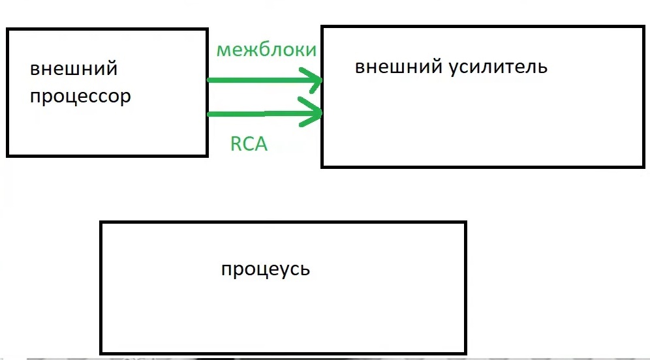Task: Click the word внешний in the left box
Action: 74,69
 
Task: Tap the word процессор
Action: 80,97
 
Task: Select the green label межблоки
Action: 266,50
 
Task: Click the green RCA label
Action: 249,143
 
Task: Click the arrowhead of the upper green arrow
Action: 316,82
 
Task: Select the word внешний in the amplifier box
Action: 398,67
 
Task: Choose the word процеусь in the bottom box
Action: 266,269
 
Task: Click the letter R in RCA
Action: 236,143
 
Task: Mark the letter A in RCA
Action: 261,143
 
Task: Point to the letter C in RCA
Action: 249,143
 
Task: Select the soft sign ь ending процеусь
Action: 305,269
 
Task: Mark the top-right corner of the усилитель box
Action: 643,27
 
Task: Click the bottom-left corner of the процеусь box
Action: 101,353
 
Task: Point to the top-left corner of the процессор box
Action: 7,29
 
